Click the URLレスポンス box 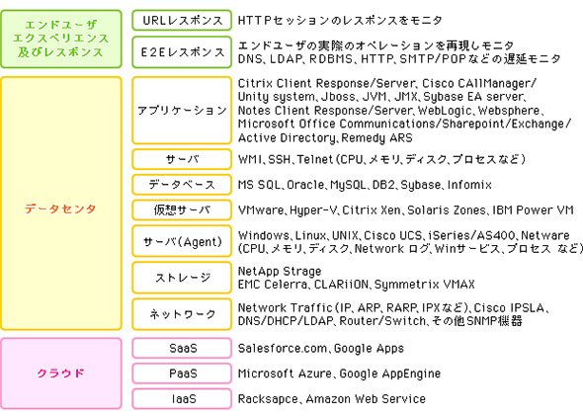click(x=182, y=20)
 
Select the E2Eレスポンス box click(x=182, y=52)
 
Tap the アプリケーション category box click(x=182, y=111)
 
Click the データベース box click(x=182, y=185)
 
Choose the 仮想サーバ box click(x=182, y=210)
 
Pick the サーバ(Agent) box click(x=182, y=241)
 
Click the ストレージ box click(x=182, y=278)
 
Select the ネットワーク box click(x=182, y=314)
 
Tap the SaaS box click(x=182, y=348)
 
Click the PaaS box click(x=182, y=374)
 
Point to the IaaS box click(x=182, y=399)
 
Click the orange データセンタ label click(x=60, y=209)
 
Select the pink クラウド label click(x=60, y=373)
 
